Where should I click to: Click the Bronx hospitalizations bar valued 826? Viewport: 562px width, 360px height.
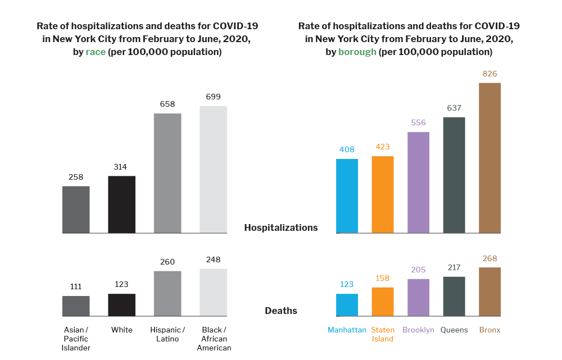(490, 158)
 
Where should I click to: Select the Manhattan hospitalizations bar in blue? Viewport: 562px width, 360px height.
(347, 196)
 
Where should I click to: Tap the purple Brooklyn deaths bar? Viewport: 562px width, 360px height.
(418, 297)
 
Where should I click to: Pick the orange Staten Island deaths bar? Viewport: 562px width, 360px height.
(383, 302)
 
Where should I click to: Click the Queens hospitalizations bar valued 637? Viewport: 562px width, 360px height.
(454, 175)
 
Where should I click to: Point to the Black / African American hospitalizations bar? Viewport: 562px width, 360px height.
(213, 169)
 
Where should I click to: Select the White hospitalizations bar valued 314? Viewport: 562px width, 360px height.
(121, 204)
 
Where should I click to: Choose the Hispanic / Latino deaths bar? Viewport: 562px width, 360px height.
(167, 293)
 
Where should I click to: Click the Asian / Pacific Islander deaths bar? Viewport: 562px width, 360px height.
(76, 306)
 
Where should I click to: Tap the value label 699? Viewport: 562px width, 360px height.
(213, 97)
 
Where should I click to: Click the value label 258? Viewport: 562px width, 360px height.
(76, 177)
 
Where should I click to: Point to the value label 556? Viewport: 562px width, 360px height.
(418, 123)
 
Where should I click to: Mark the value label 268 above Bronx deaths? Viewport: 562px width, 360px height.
(490, 259)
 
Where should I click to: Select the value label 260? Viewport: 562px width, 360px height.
(167, 262)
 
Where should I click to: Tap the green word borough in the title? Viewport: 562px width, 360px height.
(357, 52)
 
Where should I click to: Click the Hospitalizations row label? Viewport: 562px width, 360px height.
(281, 227)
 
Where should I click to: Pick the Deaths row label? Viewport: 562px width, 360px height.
(281, 311)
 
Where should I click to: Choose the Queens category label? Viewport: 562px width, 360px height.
(454, 330)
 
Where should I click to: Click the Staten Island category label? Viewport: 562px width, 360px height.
(383, 334)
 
